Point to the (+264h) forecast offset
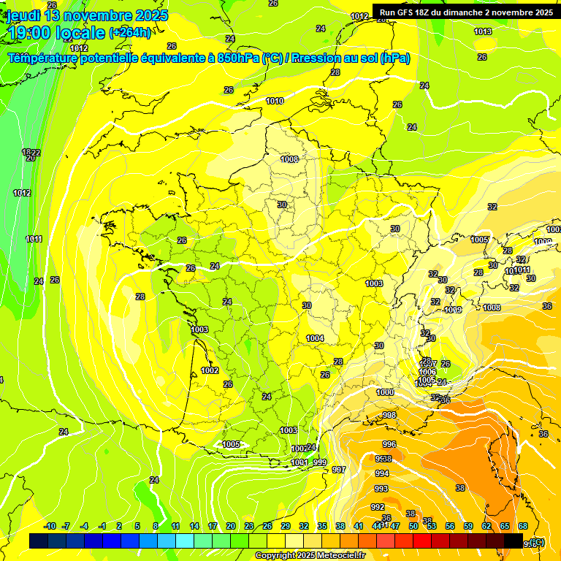pyautogui.click(x=130, y=32)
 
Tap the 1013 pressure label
pyautogui.click(x=482, y=31)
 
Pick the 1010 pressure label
pyautogui.click(x=275, y=101)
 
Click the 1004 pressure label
pyautogui.click(x=315, y=338)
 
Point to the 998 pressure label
pyautogui.click(x=389, y=415)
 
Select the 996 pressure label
pyautogui.click(x=389, y=444)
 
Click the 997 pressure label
pyautogui.click(x=338, y=470)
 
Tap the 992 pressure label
pyautogui.click(x=377, y=507)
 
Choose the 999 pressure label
pyautogui.click(x=320, y=462)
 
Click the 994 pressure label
pyautogui.click(x=382, y=473)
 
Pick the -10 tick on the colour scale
pyautogui.click(x=50, y=526)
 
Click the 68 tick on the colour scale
pyautogui.click(x=523, y=526)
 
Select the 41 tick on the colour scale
pyautogui.click(x=359, y=526)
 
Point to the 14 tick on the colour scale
pyautogui.click(x=194, y=526)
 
